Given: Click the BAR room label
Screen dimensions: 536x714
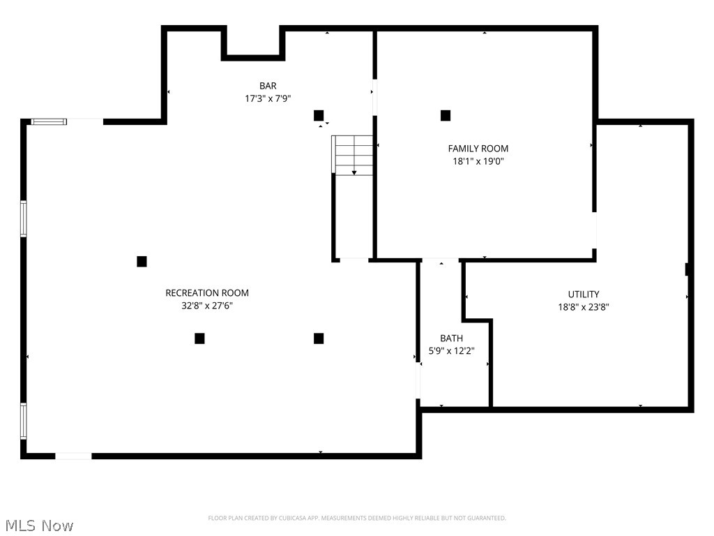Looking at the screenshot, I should pyautogui.click(x=268, y=86).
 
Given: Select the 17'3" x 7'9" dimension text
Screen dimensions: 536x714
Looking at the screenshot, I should pyautogui.click(x=268, y=98).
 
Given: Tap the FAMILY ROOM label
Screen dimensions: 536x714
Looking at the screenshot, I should pyautogui.click(x=478, y=149).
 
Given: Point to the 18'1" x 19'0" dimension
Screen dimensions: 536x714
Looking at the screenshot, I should pyautogui.click(x=478, y=161).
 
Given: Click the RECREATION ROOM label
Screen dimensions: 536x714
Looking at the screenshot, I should pyautogui.click(x=206, y=293).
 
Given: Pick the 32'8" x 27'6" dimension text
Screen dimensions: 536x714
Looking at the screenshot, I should pyautogui.click(x=206, y=306).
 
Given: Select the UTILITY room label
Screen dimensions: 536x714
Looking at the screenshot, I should pyautogui.click(x=583, y=295).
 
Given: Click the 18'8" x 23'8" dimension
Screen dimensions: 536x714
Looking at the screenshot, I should pyautogui.click(x=583, y=307).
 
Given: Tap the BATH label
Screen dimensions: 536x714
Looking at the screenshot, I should pyautogui.click(x=451, y=338).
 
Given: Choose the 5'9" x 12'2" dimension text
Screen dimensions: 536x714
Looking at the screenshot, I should pyautogui.click(x=451, y=351).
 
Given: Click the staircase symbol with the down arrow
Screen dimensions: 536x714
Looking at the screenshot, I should pyautogui.click(x=354, y=155).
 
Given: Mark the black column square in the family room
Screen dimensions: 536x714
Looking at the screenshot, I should pyautogui.click(x=446, y=115).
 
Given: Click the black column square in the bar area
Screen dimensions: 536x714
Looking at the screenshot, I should pyautogui.click(x=319, y=115).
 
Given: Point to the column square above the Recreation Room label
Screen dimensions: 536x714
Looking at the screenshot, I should pyautogui.click(x=142, y=262).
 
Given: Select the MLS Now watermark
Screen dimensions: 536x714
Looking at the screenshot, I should pyautogui.click(x=38, y=525).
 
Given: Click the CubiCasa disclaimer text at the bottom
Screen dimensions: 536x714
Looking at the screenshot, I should pyautogui.click(x=357, y=518).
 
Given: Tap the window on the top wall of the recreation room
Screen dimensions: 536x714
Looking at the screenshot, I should pyautogui.click(x=49, y=121).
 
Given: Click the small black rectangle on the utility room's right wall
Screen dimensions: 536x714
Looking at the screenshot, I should pyautogui.click(x=688, y=269).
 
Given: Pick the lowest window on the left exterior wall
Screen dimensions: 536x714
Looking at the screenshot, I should pyautogui.click(x=24, y=421).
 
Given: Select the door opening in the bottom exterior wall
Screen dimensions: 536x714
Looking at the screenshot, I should pyautogui.click(x=73, y=456).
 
